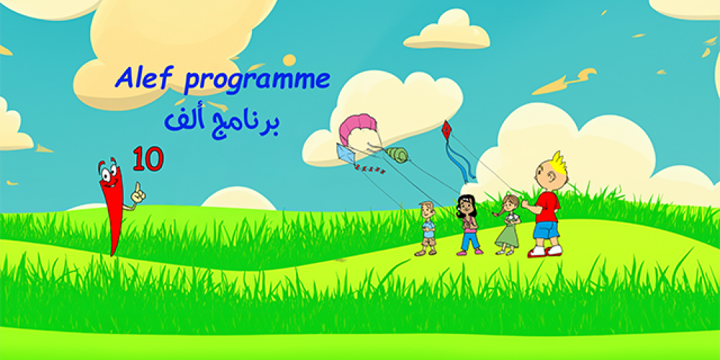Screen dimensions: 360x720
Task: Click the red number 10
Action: tap(148, 159)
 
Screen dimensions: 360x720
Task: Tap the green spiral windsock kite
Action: tap(397, 153)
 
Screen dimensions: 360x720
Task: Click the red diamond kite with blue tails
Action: tap(446, 130)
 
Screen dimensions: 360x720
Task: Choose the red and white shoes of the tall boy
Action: tap(544, 251)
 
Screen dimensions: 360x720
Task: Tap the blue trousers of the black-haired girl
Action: tap(469, 240)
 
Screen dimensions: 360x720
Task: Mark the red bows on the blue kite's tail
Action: tap(369, 170)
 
